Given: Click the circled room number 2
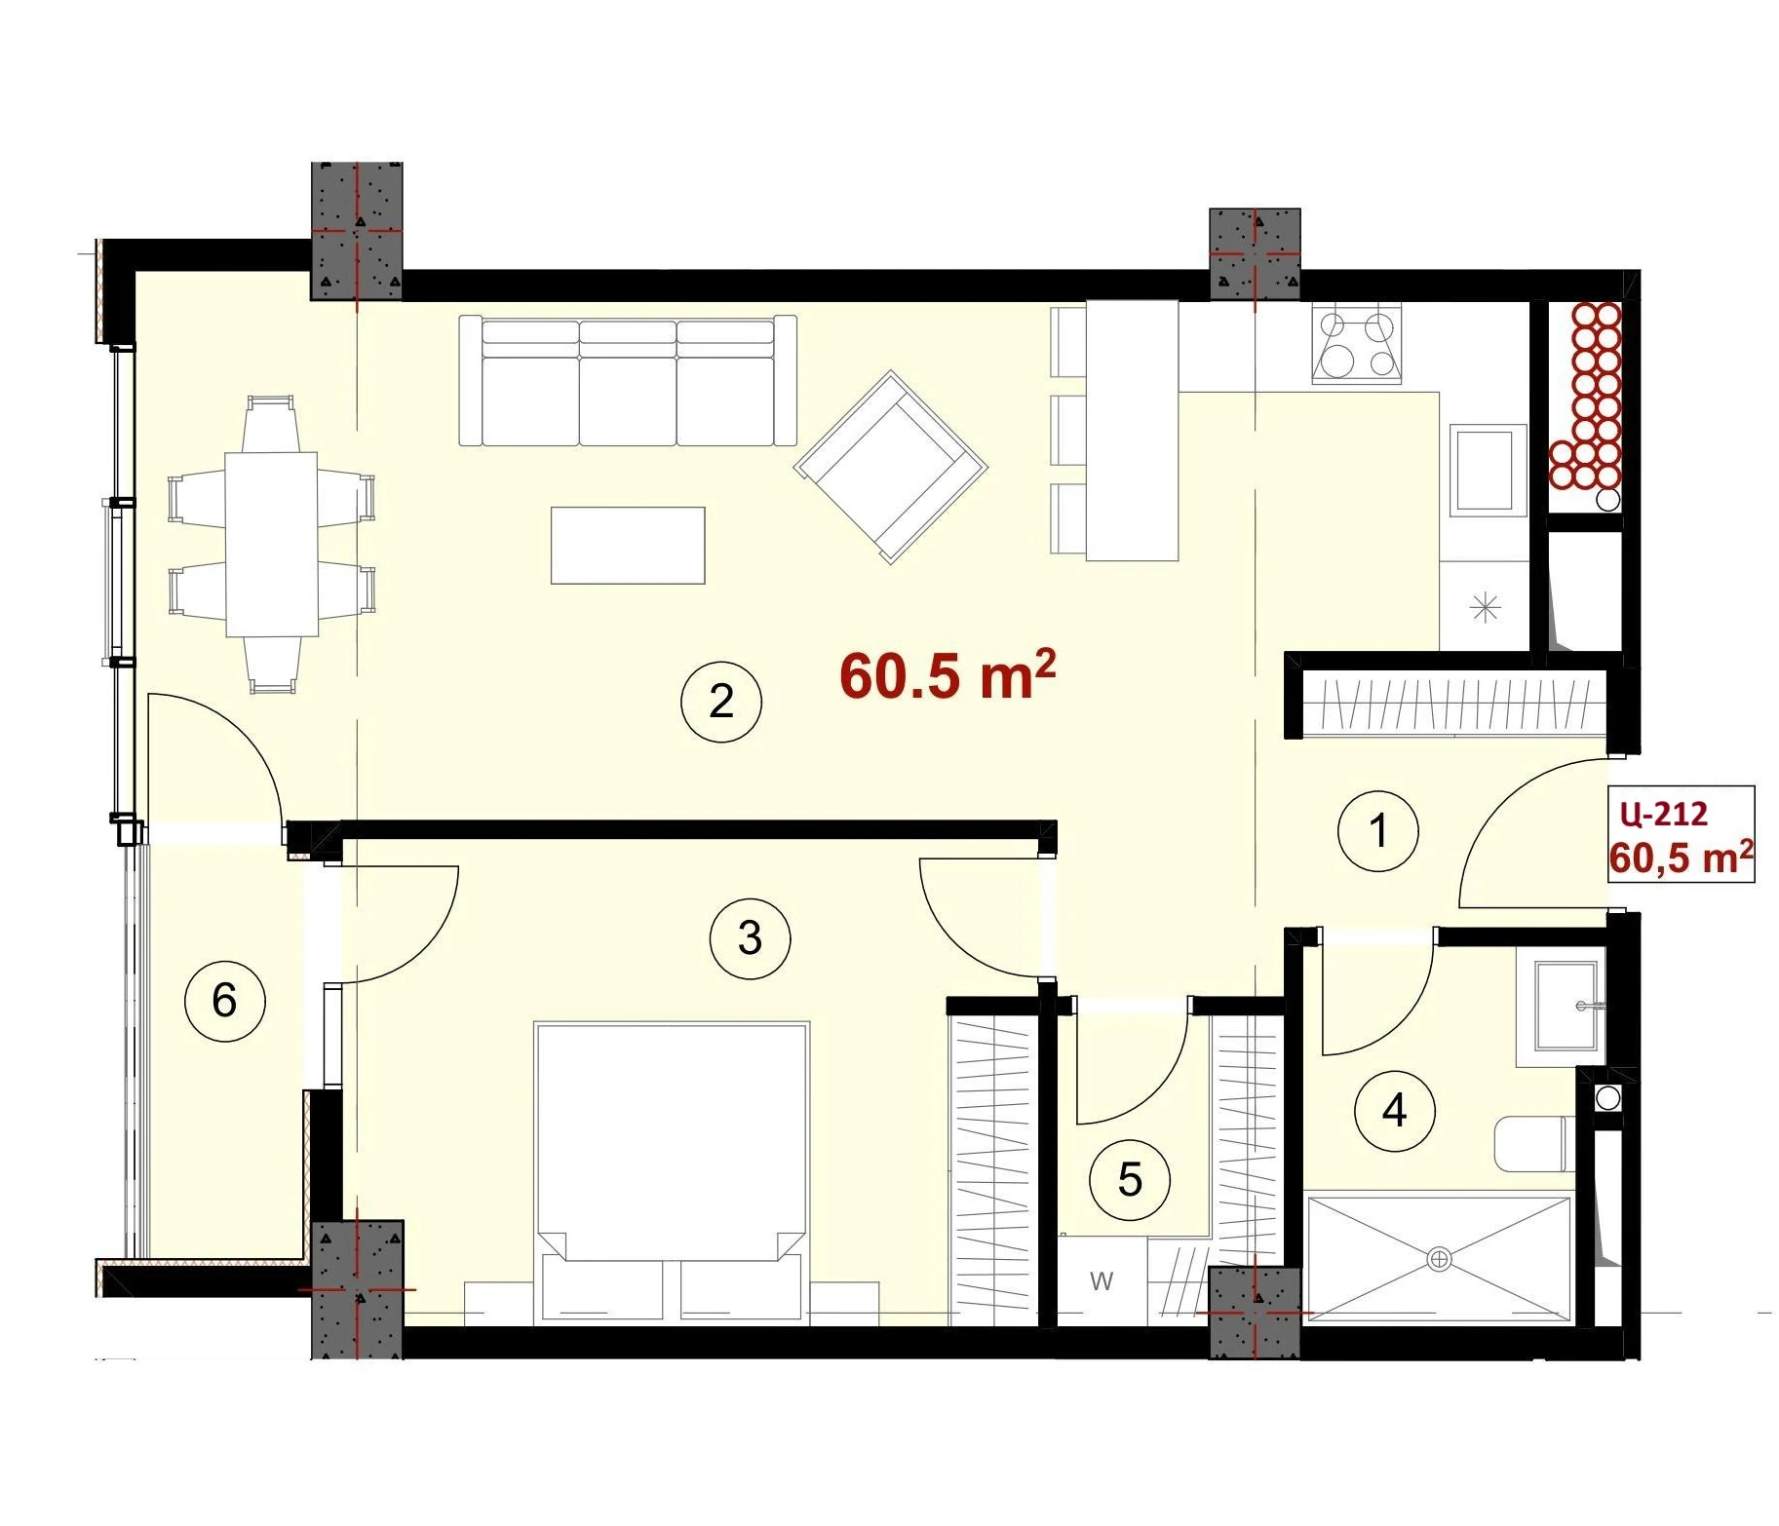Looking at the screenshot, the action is coord(721,702).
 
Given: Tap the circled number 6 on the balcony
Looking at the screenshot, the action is coord(224,1000).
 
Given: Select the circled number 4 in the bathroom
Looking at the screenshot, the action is coord(1395,1110).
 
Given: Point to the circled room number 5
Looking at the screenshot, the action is coord(1130,1180).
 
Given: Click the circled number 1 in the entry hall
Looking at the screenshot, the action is coord(1378,831).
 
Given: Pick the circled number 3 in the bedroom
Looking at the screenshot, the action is coord(750,938).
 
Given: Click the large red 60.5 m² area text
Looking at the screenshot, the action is coord(948,675).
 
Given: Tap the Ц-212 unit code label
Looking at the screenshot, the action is coord(1663,813).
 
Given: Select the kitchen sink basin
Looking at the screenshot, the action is coord(1488,470).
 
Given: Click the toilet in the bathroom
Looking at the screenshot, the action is coord(1531,1144).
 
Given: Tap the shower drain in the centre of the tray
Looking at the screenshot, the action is coord(1439,1259).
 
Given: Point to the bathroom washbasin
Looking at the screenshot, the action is coord(1566,1007).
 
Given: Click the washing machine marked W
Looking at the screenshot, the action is coord(1102,1280).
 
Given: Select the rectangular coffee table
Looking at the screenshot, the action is coord(628,546).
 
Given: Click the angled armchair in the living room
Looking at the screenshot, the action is coord(891,467).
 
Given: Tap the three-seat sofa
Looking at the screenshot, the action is coord(628,380).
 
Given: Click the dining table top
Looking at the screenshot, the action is coord(272,544).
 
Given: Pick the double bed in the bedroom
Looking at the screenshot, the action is coord(672,1173).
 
